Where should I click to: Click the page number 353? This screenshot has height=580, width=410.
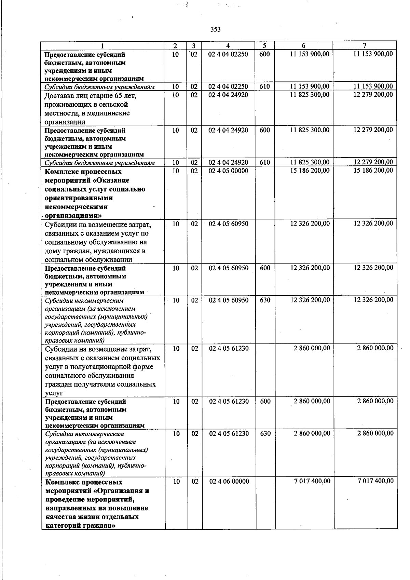coord(215,29)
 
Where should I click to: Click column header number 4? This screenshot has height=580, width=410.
coord(228,46)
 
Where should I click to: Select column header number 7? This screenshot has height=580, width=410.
coord(365,45)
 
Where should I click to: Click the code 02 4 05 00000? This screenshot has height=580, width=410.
coord(229,171)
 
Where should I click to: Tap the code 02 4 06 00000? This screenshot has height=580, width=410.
coord(229,481)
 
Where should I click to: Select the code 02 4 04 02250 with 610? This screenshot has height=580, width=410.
coord(228,86)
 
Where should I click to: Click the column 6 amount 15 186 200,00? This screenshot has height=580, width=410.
coord(310,171)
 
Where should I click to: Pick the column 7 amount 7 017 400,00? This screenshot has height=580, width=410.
coord(375,481)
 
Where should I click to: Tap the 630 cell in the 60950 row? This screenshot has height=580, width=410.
coord(265,300)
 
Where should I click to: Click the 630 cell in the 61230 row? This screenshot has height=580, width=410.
coord(265,433)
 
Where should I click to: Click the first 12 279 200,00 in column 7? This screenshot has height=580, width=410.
coord(373,94)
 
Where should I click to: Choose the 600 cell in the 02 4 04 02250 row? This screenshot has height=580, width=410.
coord(264,54)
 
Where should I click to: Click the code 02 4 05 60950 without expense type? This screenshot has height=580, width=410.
coord(229,224)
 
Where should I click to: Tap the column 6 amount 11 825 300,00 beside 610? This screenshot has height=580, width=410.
coord(310,162)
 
